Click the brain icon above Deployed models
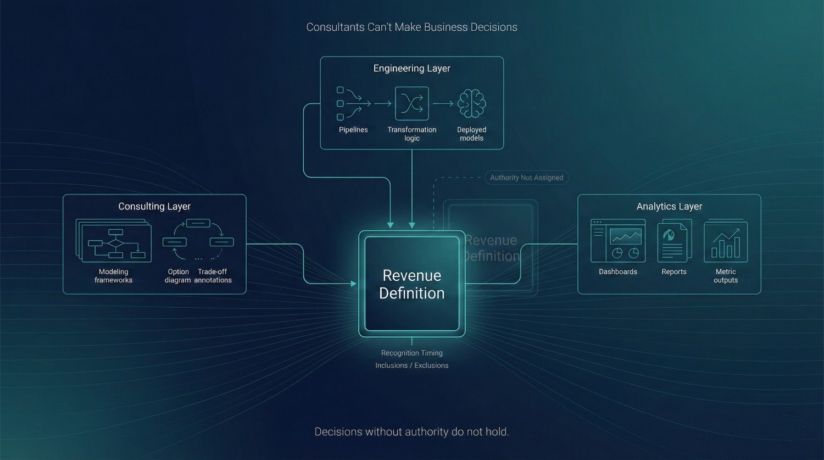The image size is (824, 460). (472, 103)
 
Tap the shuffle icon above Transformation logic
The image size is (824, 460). (411, 103)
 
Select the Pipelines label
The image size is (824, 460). (353, 130)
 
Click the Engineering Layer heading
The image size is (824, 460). (411, 68)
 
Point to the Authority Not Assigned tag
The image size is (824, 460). (526, 178)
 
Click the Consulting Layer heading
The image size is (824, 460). (154, 207)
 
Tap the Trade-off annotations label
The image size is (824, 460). (213, 276)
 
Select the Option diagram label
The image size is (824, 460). (178, 276)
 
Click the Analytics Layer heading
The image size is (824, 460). (669, 207)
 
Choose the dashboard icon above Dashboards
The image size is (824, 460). (618, 241)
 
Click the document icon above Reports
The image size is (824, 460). (674, 241)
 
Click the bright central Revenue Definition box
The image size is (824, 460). (411, 284)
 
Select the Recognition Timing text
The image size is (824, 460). (411, 353)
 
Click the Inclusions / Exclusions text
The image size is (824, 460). (411, 365)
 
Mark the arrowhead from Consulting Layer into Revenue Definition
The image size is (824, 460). (353, 284)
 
